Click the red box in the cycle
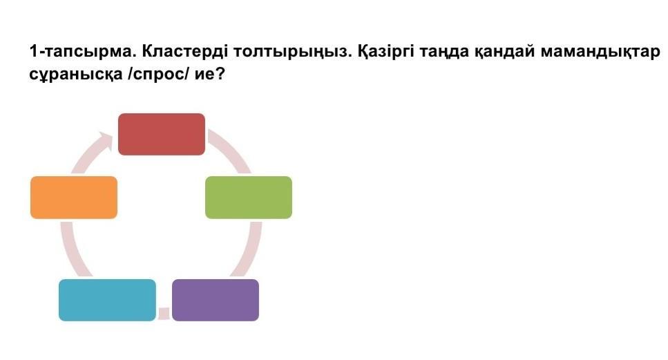162,134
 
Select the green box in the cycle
249,198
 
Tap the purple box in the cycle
216,300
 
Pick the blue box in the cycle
107,300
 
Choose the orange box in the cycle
74,198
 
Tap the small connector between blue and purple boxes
164,313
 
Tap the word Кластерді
184,52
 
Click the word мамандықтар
600,52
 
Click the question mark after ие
219,74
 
